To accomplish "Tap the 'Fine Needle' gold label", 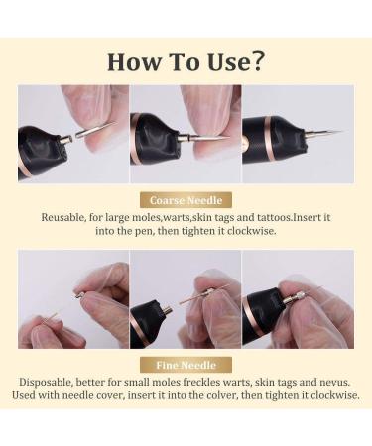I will click(x=186, y=364).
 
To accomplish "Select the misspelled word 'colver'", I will click(x=233, y=395).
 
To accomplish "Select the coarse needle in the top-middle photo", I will click(x=202, y=138).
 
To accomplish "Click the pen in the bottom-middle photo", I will click(x=148, y=317).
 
